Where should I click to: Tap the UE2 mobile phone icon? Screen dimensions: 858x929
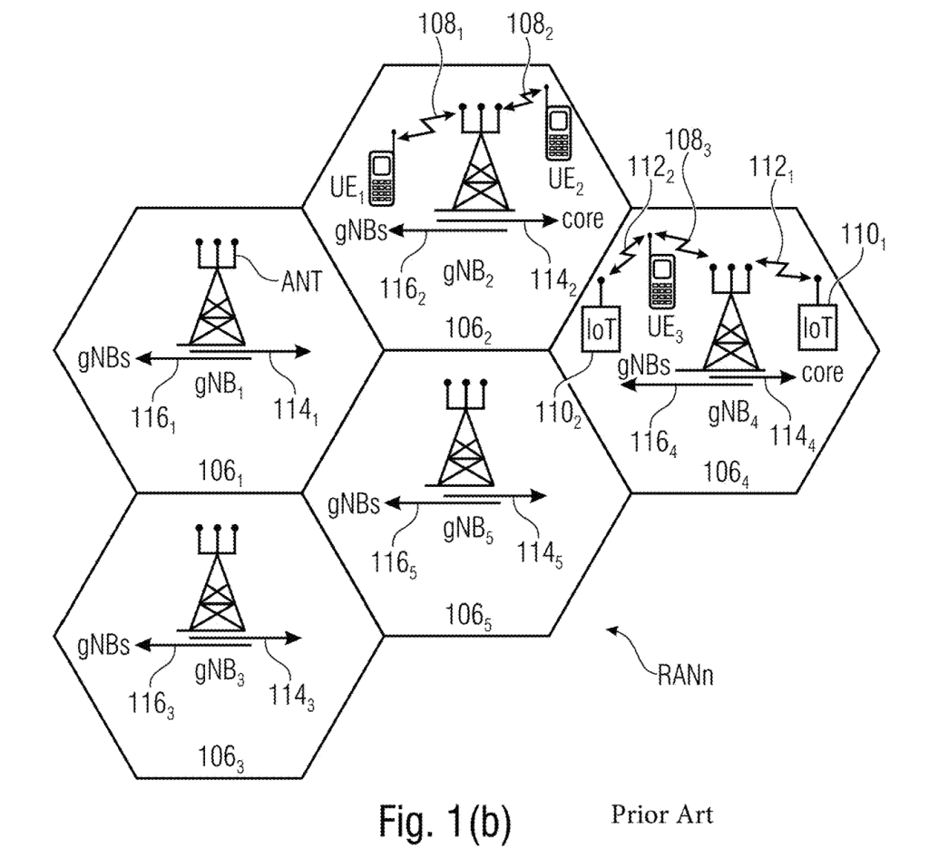pos(558,135)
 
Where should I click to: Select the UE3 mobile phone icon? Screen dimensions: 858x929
pos(660,281)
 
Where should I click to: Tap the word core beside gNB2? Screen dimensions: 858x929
pos(582,220)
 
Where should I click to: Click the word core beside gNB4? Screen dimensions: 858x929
pos(822,373)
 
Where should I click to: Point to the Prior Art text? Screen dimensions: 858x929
pos(661,814)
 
